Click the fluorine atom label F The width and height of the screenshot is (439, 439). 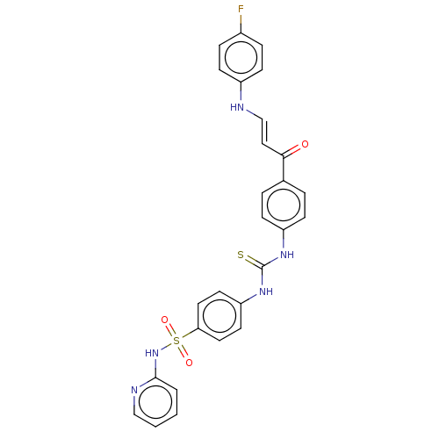point(241,10)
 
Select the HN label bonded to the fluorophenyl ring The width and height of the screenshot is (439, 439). point(237,107)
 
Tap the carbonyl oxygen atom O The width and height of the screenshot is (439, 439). point(305,144)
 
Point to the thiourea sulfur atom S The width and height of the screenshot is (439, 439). point(241,255)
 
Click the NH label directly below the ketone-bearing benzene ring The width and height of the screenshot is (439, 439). point(287,255)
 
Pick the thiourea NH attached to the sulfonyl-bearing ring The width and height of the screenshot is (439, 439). point(266,291)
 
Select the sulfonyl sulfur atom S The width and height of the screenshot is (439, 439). point(176,341)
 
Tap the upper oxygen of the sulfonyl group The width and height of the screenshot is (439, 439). point(165,320)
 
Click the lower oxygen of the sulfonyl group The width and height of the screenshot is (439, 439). point(189,363)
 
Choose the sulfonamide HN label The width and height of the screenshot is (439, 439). point(152,353)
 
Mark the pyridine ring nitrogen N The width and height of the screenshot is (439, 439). point(134,390)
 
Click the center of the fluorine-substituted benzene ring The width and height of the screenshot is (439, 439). point(241,58)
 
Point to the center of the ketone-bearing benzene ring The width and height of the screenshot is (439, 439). point(284,205)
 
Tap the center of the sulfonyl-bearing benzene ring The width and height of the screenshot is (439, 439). point(219,316)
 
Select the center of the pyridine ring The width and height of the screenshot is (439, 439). point(155,402)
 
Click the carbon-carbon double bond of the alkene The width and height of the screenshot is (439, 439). point(264,132)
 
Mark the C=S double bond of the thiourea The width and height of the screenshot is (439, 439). point(254,262)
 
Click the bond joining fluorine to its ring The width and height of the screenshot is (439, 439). point(241,24)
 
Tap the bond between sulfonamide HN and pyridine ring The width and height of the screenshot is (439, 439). point(155,368)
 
